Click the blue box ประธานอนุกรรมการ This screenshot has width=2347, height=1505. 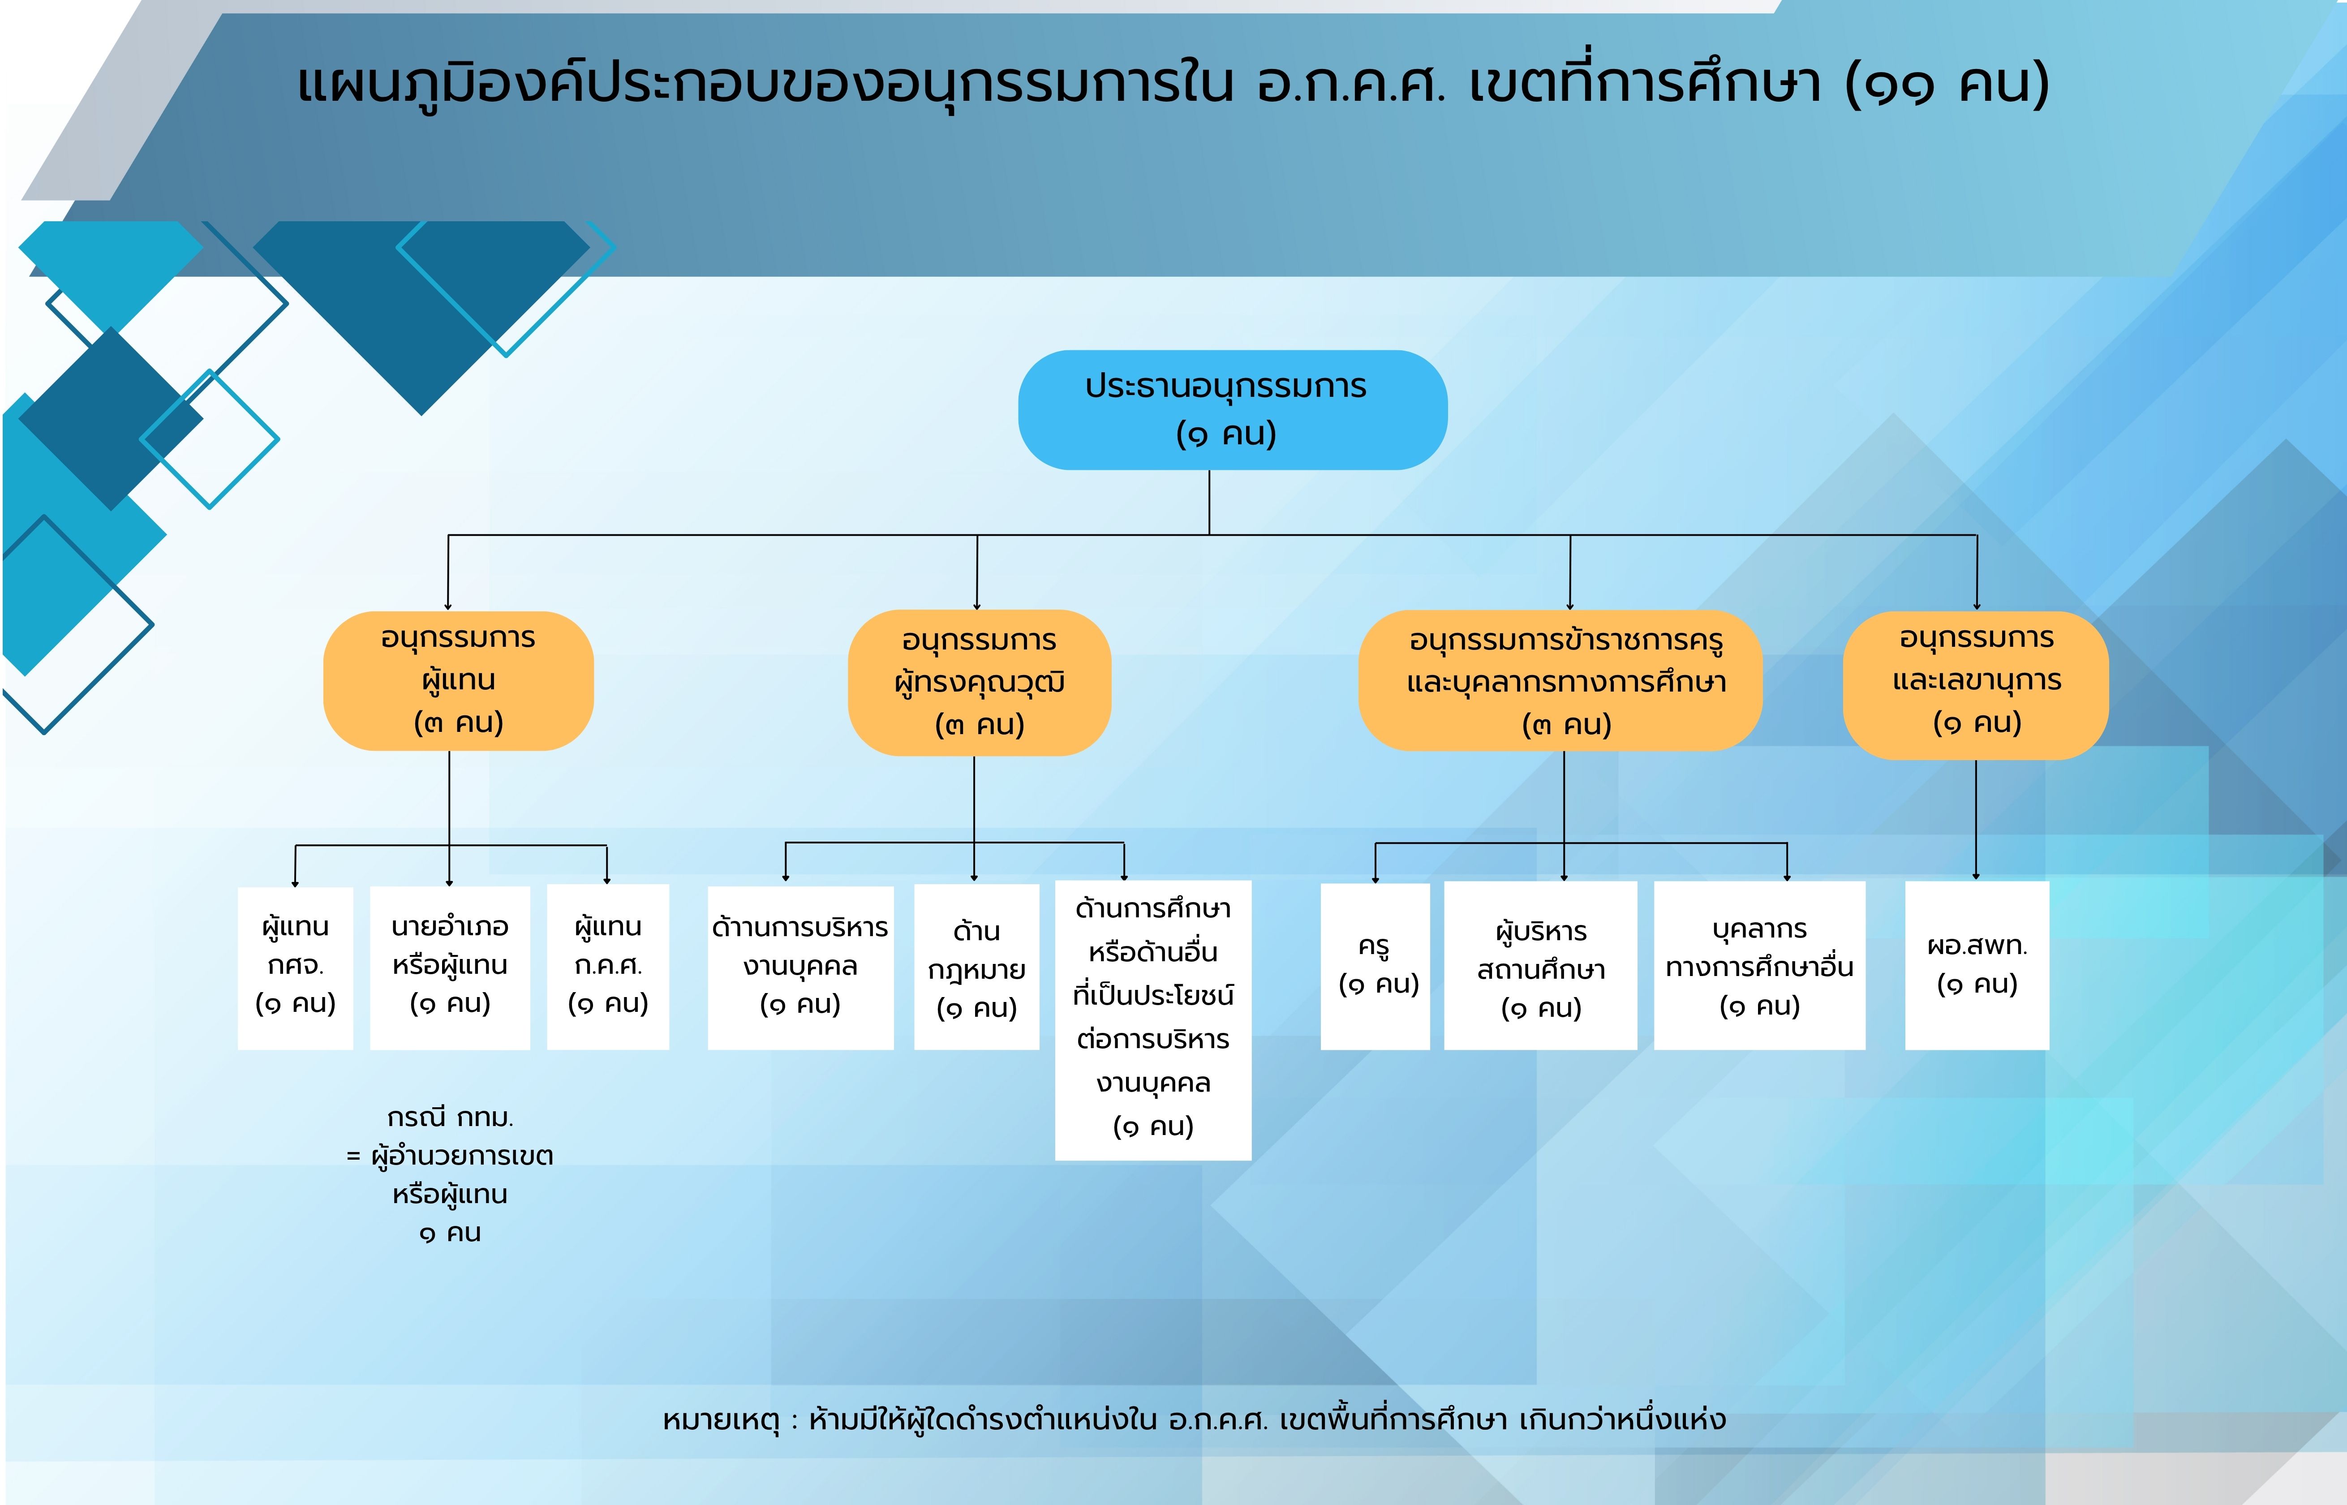tap(1232, 409)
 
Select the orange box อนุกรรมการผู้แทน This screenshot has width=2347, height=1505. tap(458, 681)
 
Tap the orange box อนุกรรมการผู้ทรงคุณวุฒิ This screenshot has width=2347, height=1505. tap(979, 682)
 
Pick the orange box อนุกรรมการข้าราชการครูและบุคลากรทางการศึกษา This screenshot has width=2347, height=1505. tap(1560, 681)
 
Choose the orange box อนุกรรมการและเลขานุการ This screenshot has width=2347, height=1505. tap(1976, 685)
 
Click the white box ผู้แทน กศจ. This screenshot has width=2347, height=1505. tap(295, 967)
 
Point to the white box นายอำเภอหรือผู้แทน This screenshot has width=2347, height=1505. tap(449, 967)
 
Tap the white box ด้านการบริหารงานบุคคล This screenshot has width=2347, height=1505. tap(800, 967)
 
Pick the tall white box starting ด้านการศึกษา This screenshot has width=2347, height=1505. tap(1153, 1020)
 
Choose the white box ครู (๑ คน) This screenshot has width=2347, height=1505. tap(1375, 967)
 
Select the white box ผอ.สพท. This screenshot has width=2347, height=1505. tap(1977, 966)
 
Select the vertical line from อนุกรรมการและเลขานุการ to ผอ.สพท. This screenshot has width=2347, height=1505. tap(1976, 819)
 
